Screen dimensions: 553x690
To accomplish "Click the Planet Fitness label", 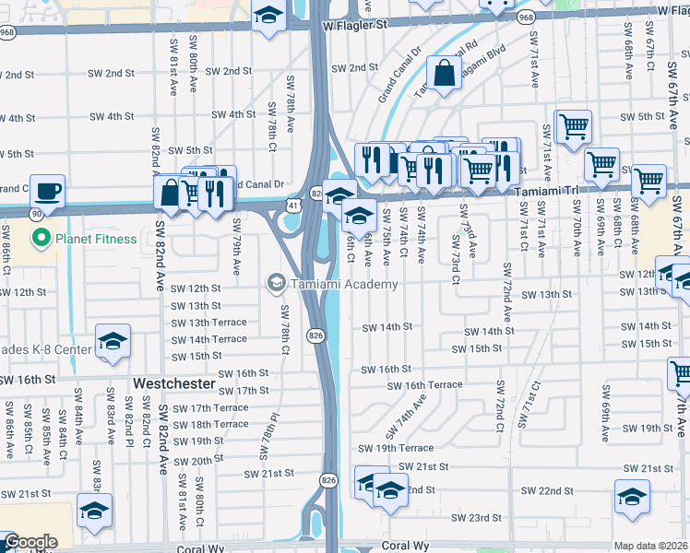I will [95, 240].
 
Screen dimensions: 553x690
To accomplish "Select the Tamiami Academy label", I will [344, 284].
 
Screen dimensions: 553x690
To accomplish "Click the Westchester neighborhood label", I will [173, 382].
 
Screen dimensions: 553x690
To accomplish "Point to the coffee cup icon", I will [47, 191].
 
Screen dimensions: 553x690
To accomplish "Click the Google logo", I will [30, 543].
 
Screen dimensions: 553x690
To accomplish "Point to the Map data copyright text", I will [650, 546].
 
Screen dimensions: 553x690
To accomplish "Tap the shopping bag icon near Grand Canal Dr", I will [444, 74].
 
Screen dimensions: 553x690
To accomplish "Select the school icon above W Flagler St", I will [268, 16].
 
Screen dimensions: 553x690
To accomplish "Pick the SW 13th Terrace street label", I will [209, 323].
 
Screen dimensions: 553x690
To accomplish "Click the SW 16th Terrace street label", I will [424, 385].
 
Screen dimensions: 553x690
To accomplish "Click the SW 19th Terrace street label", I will [396, 448].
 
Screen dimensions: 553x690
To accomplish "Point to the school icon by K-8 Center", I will [113, 341].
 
